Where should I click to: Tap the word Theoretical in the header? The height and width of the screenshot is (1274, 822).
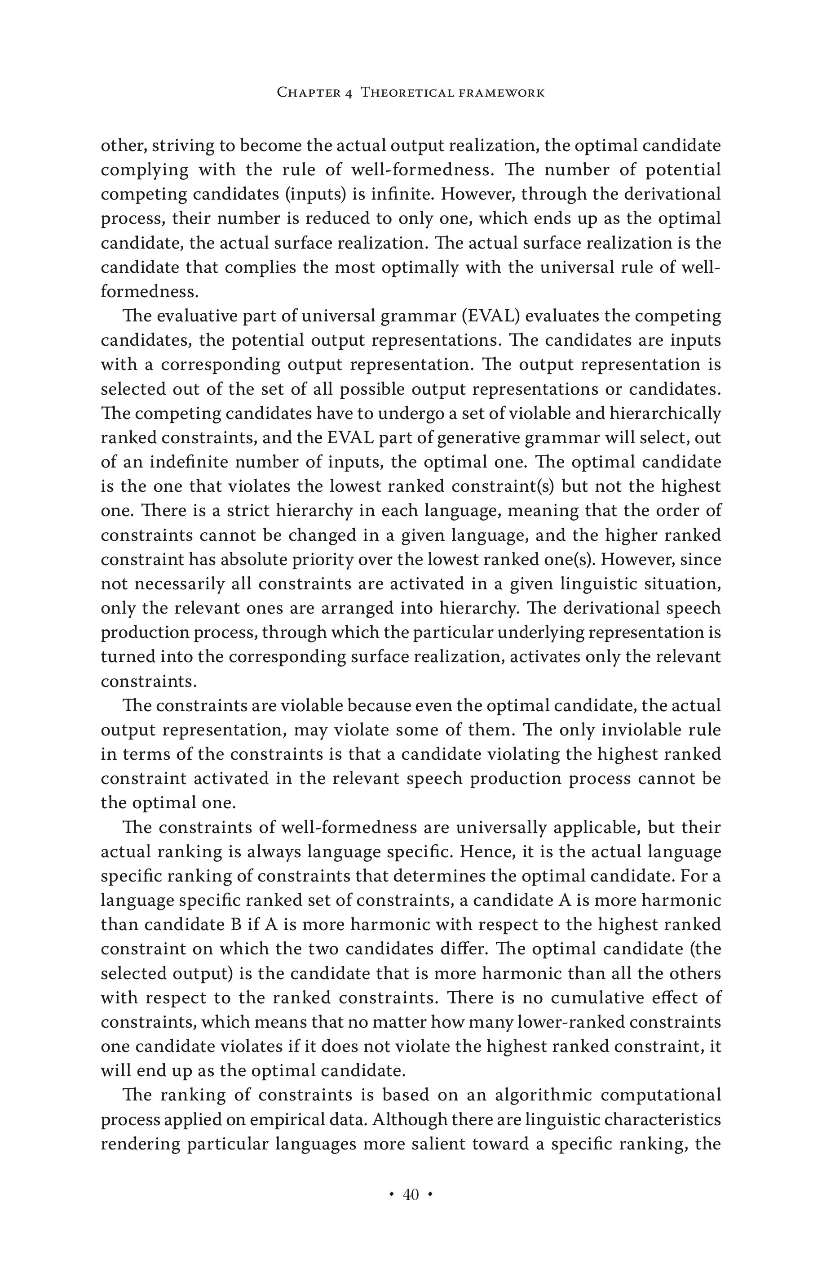point(405,93)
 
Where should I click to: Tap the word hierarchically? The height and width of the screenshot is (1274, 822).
point(665,414)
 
